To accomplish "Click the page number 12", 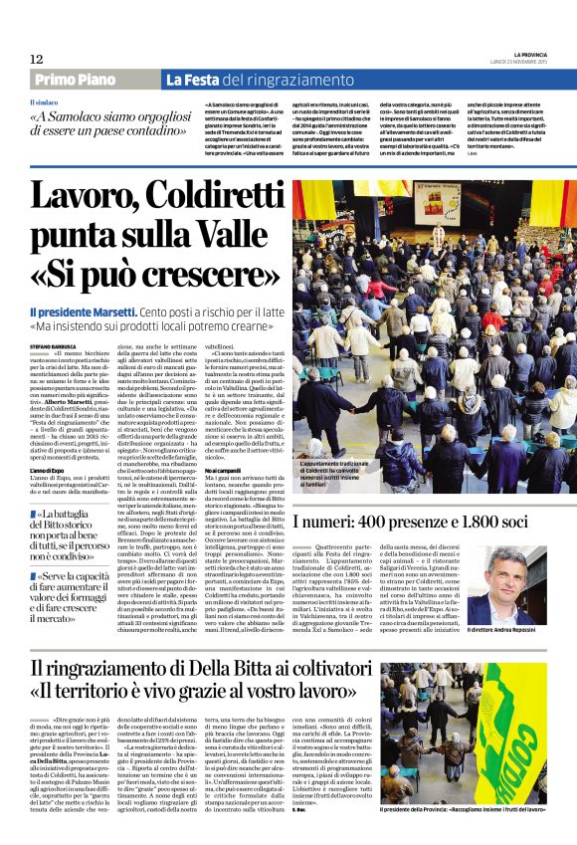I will coord(37,60).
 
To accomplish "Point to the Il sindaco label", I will coord(44,102).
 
